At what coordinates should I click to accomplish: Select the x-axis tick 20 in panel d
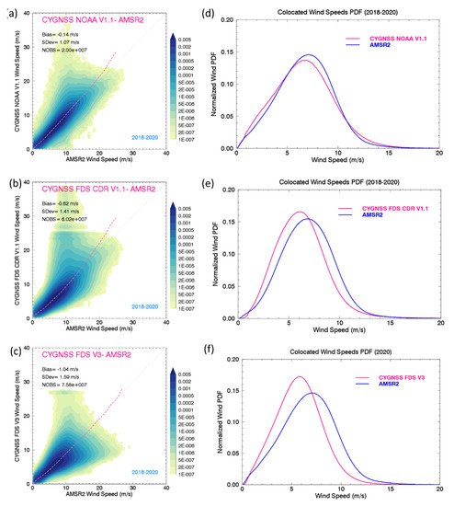click(x=439, y=155)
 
